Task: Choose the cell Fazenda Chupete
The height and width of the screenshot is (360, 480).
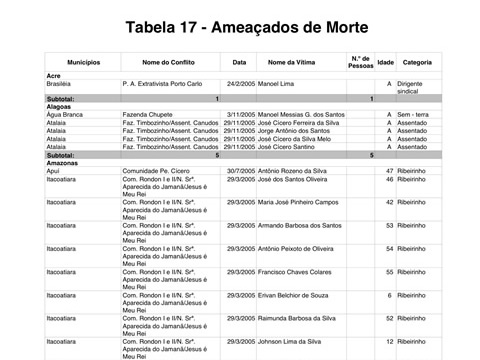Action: click(150, 114)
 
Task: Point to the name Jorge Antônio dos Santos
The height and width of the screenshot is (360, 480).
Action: click(301, 131)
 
